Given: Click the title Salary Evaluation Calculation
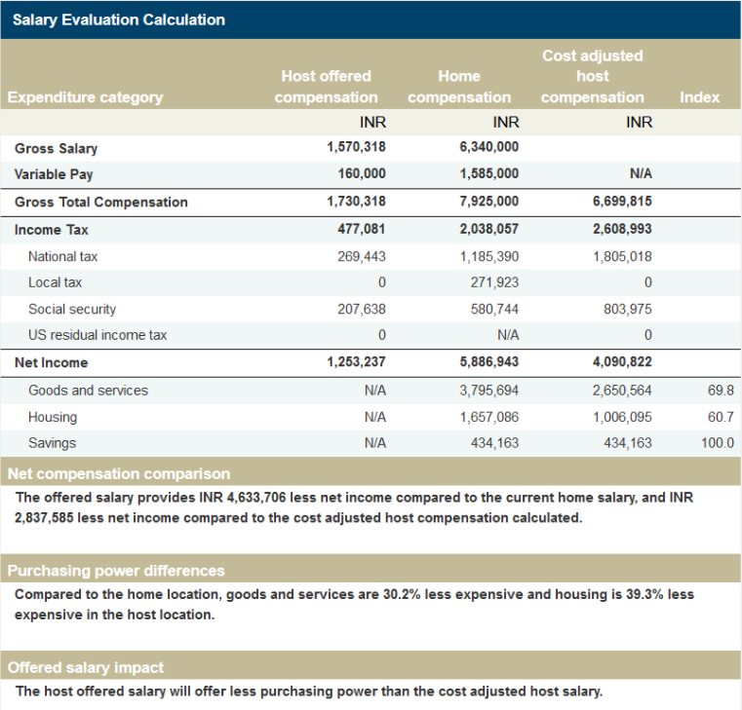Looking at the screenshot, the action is pos(119,19).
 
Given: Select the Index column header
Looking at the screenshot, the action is pos(699,96).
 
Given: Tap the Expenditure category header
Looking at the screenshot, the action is pos(85,97).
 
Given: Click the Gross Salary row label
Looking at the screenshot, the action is pos(56,148).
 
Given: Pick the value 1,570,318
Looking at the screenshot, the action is pos(356,147).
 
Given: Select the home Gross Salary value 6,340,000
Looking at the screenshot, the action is pos(489,147).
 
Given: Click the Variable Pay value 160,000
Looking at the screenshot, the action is pos(362,173).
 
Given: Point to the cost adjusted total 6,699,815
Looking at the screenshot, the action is pos(622,202).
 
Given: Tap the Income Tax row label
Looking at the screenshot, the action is pos(51,230).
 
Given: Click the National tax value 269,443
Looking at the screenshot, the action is pos(362,257).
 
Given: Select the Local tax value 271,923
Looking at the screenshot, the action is pos(494,282).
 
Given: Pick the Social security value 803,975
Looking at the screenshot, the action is pos(628,309).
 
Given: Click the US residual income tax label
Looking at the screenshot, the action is pos(98,335).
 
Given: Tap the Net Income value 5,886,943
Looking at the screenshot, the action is pos(489,362).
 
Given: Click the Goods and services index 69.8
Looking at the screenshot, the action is pos(721,391).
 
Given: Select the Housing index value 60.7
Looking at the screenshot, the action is pos(721,417).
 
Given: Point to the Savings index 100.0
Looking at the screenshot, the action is pos(718,443).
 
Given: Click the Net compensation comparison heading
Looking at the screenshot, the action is pos(119,473).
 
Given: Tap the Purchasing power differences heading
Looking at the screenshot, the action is pos(116,571).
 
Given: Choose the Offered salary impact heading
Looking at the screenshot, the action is pos(86,667).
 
